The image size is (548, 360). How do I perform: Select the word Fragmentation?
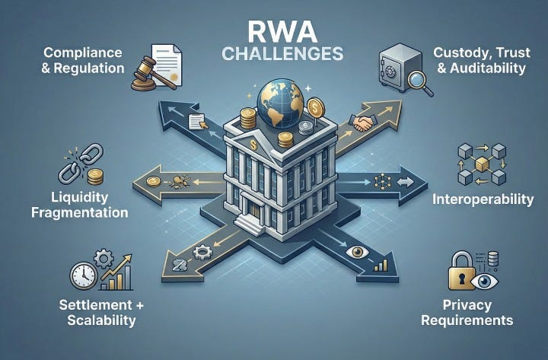(x=79, y=212)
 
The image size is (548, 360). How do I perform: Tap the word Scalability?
(x=97, y=320)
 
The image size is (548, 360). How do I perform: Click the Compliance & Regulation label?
(x=84, y=60)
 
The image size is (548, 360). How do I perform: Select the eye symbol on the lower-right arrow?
(x=356, y=251)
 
